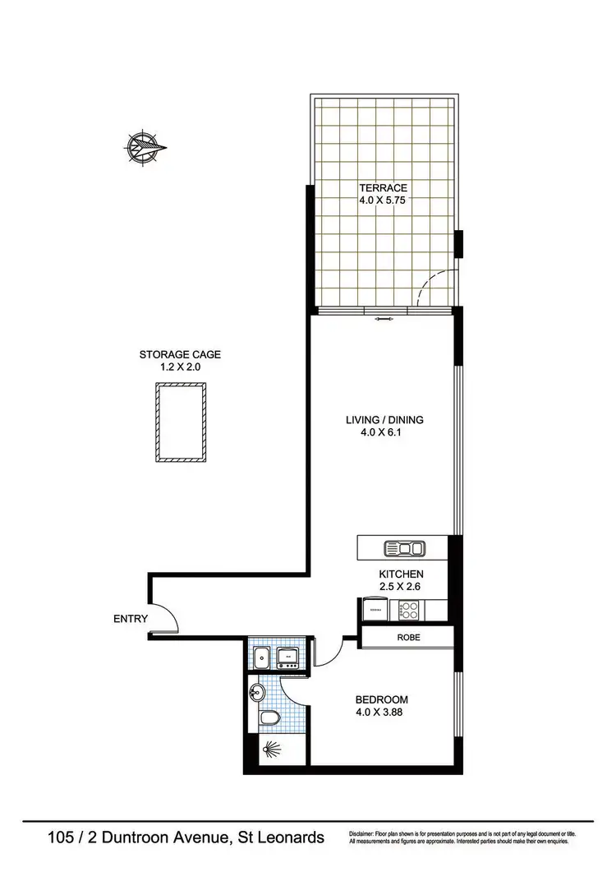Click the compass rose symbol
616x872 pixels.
145,148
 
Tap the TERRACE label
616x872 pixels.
384,188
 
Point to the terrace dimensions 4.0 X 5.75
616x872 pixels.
384,201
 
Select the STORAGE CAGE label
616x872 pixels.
180,355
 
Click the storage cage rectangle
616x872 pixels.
180,421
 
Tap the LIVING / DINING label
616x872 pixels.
384,420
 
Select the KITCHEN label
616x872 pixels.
401,573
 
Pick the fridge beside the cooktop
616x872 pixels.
377,610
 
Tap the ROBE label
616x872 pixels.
409,637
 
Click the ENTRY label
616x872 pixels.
131,619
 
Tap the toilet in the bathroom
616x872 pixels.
266,718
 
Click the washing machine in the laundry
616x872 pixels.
290,656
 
